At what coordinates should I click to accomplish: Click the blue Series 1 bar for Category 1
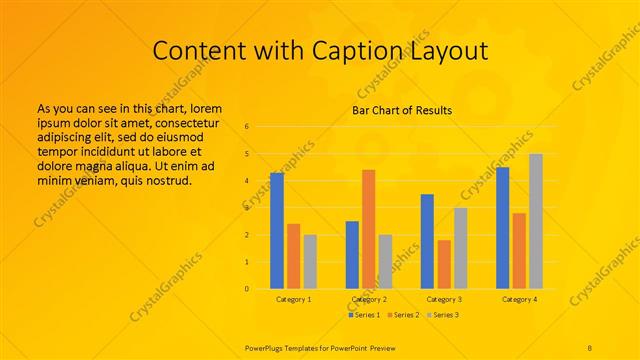pyautogui.click(x=277, y=231)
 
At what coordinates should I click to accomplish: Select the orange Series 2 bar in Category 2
pyautogui.click(x=368, y=229)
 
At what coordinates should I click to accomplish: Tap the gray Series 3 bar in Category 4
pyautogui.click(x=536, y=221)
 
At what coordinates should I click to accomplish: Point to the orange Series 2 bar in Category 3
pyautogui.click(x=444, y=264)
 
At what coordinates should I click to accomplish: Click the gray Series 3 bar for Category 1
pyautogui.click(x=310, y=262)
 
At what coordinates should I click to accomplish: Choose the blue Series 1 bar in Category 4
pyautogui.click(x=502, y=228)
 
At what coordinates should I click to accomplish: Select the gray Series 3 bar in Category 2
pyautogui.click(x=385, y=262)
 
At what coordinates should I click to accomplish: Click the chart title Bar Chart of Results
pyautogui.click(x=403, y=110)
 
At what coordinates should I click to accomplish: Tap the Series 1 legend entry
pyautogui.click(x=364, y=315)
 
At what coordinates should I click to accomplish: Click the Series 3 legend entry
pyautogui.click(x=444, y=315)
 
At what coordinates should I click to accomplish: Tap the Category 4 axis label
pyautogui.click(x=519, y=299)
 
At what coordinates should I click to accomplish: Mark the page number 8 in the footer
pyautogui.click(x=591, y=346)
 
